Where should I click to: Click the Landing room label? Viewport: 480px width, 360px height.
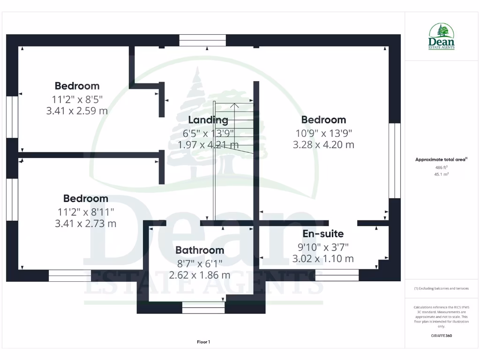click(208, 120)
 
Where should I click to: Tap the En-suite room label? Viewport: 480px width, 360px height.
click(322, 233)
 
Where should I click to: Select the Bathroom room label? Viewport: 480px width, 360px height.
click(200, 250)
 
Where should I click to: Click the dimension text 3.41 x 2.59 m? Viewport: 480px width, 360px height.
click(77, 111)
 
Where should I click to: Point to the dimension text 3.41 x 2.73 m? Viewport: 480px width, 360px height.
click(86, 224)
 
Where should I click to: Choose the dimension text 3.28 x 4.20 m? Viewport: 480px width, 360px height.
click(323, 145)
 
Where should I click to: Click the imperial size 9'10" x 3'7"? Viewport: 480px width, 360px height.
click(323, 247)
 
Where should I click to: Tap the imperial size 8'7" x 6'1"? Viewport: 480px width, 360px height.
click(200, 263)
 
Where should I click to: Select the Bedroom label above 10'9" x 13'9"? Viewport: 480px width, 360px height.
click(323, 120)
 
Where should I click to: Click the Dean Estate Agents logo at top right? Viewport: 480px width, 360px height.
click(441, 37)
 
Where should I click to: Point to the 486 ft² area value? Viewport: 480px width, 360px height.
click(441, 167)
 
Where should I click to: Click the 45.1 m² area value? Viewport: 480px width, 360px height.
click(441, 174)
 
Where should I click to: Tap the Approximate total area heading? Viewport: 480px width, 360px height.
click(441, 160)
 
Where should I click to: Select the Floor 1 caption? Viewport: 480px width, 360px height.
click(203, 342)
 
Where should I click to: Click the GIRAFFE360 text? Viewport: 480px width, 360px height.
click(441, 336)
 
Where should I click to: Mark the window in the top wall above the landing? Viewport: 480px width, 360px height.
click(202, 40)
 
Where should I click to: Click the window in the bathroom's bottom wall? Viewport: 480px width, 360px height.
click(203, 307)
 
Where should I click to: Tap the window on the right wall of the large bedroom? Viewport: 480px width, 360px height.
click(395, 160)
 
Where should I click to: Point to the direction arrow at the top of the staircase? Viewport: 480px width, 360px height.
click(236, 105)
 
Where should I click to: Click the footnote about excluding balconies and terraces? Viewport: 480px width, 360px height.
click(441, 288)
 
